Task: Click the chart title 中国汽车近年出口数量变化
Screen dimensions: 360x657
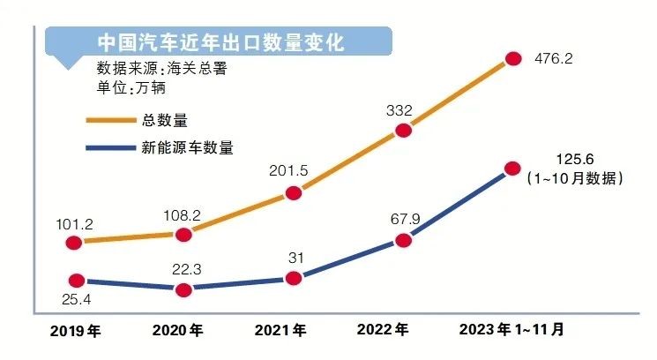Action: [220, 42]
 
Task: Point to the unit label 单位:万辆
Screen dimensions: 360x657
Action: [131, 88]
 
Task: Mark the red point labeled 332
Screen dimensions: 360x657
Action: [403, 131]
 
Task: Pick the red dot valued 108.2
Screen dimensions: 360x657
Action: [183, 234]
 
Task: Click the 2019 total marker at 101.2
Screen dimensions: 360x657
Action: [74, 243]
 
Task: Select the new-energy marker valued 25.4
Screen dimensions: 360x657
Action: [74, 281]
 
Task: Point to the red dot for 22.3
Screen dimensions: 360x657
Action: [183, 289]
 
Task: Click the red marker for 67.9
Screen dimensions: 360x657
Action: [403, 240]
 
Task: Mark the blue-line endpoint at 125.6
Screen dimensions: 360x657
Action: [512, 168]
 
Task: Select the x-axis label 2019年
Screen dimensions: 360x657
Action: [76, 333]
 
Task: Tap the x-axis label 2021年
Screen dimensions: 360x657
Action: [281, 333]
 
